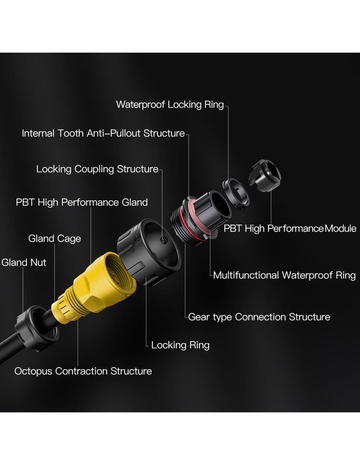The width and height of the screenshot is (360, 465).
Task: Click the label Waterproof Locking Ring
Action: [x=170, y=105]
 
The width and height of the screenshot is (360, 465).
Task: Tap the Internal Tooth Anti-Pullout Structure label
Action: [x=103, y=133]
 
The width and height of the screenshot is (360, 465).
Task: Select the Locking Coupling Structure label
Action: [x=97, y=169]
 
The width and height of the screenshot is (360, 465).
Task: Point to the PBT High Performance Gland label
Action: [x=82, y=202]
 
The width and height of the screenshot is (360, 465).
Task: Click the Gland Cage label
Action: [x=55, y=239]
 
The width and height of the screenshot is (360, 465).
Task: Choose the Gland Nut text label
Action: [x=24, y=263]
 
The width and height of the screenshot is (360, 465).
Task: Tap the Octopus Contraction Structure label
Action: [x=83, y=371]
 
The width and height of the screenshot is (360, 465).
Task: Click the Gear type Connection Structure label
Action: [x=259, y=317]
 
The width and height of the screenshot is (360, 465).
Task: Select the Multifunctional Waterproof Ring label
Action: [x=284, y=275]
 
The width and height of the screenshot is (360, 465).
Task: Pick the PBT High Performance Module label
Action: [x=290, y=229]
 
